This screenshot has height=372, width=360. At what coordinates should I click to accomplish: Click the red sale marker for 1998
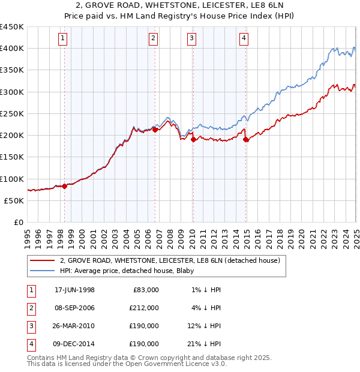[x=65, y=186]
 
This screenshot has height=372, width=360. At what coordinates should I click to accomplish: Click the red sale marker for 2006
[x=155, y=130]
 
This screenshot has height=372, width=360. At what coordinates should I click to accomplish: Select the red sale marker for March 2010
[x=193, y=139]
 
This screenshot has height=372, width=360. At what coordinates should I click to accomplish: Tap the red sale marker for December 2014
[x=246, y=139]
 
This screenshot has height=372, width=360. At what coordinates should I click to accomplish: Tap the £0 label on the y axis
[x=17, y=222]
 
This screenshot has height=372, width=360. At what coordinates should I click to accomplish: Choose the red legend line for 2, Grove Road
[x=42, y=260]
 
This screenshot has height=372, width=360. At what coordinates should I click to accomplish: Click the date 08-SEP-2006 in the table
[x=74, y=308]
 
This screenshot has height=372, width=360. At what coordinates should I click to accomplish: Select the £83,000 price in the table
[x=145, y=290]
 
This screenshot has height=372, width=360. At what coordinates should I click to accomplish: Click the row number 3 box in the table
[x=30, y=326]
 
